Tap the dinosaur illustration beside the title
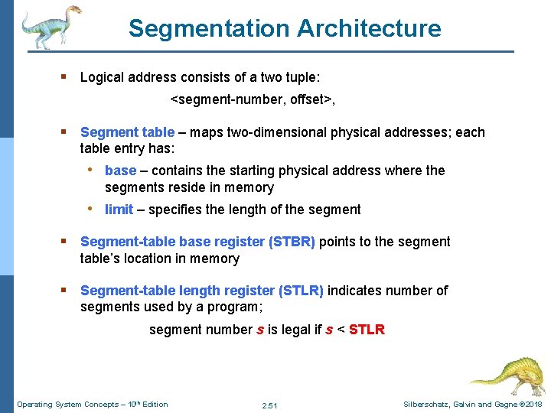(x=51, y=26)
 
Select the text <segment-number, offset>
(x=253, y=99)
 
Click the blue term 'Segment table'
(x=127, y=132)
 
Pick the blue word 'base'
(x=120, y=171)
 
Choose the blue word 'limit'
(x=119, y=210)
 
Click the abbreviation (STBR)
(x=292, y=242)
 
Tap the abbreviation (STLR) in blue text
(x=301, y=291)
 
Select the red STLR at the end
(x=367, y=330)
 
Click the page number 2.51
(x=269, y=405)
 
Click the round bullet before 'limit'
(x=90, y=209)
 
